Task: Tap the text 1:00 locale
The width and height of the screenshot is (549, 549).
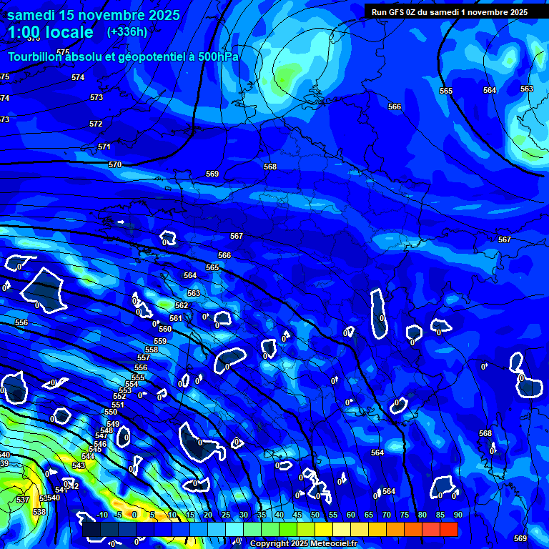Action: pos(51,32)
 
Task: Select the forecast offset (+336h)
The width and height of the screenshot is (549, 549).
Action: pos(127,31)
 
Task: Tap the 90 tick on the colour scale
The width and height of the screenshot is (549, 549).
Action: pos(457,515)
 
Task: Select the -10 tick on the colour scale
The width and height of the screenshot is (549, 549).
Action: pos(102,515)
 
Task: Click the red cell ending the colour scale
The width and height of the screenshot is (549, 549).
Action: pos(449,529)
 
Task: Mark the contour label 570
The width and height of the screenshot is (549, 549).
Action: pos(115,164)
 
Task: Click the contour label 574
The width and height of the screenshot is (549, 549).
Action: pos(78,77)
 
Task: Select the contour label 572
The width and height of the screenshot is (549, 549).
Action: pos(96,124)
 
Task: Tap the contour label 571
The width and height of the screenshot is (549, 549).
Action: pos(104,147)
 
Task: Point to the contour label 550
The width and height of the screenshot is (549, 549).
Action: pos(111,412)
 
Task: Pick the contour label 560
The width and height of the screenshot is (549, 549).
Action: pos(165,329)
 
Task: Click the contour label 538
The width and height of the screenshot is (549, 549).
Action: pos(39,512)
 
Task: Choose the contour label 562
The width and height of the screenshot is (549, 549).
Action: pos(182,305)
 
